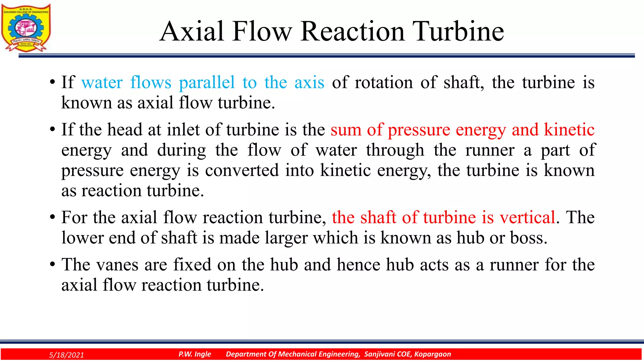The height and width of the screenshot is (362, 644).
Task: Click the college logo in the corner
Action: click(26, 28)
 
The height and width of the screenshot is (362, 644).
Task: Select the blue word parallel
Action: click(207, 83)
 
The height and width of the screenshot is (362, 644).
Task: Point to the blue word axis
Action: click(309, 83)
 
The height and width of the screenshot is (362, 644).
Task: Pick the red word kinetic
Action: click(569, 129)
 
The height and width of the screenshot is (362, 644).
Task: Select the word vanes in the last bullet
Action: click(117, 265)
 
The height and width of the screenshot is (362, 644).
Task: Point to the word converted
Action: click(242, 170)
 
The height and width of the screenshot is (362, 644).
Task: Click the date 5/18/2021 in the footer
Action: click(67, 355)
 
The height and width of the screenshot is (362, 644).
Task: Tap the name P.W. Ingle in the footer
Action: click(195, 354)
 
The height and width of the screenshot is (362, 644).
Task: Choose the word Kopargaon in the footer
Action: click(432, 354)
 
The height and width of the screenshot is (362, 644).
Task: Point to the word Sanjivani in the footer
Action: click(379, 354)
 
